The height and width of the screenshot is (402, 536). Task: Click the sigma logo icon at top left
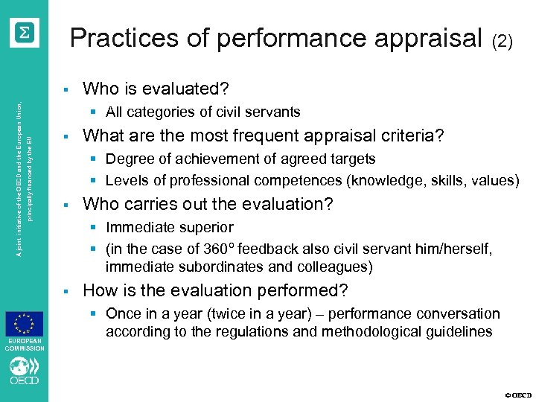click(x=25, y=33)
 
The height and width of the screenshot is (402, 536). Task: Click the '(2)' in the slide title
click(x=502, y=42)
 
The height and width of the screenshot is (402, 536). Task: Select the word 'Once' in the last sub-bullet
click(x=123, y=313)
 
